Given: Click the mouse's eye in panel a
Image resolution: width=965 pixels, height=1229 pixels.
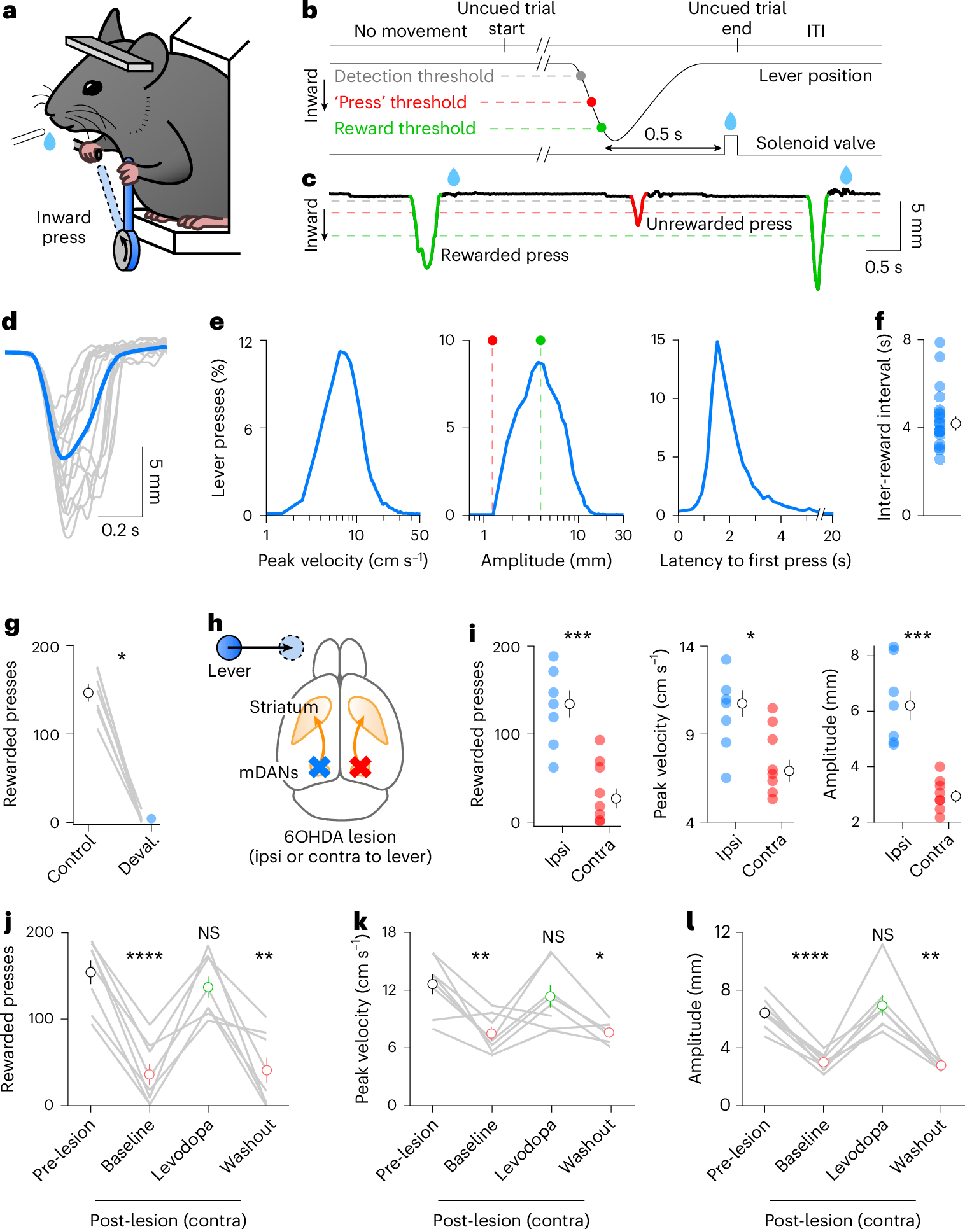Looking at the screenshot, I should pyautogui.click(x=93, y=87).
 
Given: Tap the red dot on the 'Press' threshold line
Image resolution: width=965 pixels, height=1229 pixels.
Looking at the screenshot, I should pyautogui.click(x=591, y=102).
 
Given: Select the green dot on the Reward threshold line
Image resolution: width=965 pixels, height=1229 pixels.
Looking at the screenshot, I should pyautogui.click(x=601, y=128).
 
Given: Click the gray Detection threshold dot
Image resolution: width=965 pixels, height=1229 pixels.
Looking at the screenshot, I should pyautogui.click(x=581, y=76).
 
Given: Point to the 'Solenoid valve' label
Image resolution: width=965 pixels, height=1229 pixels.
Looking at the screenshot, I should pyautogui.click(x=815, y=143).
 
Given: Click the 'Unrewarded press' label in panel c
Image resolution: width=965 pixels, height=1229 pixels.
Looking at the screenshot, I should pyautogui.click(x=719, y=224).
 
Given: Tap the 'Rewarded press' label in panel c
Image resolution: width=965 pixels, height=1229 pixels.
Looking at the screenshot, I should pyautogui.click(x=505, y=255).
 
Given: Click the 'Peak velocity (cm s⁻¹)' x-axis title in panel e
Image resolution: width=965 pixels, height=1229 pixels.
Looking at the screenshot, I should pyautogui.click(x=342, y=561).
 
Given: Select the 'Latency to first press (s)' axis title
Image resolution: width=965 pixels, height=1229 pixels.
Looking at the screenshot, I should pyautogui.click(x=755, y=561).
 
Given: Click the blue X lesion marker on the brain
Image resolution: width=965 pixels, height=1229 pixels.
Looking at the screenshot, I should pyautogui.click(x=320, y=767).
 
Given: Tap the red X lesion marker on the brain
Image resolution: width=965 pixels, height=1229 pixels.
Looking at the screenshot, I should pyautogui.click(x=360, y=767).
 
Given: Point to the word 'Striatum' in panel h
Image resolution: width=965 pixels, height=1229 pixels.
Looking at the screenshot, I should pyautogui.click(x=283, y=707).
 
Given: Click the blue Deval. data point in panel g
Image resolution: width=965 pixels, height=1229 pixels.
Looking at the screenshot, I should pyautogui.click(x=151, y=818).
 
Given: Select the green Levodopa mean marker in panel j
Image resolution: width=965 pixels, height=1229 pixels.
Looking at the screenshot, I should pyautogui.click(x=208, y=987).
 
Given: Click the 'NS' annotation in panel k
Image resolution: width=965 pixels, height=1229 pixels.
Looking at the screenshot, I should pyautogui.click(x=553, y=937).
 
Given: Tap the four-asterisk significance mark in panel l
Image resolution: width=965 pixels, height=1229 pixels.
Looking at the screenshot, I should pyautogui.click(x=810, y=957).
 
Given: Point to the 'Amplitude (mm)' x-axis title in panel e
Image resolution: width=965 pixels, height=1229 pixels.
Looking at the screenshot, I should pyautogui.click(x=546, y=561).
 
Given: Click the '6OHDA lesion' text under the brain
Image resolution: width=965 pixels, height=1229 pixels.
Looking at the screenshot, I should pyautogui.click(x=340, y=837).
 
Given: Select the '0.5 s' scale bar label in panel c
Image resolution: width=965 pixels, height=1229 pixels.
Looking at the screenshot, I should pyautogui.click(x=883, y=267).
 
